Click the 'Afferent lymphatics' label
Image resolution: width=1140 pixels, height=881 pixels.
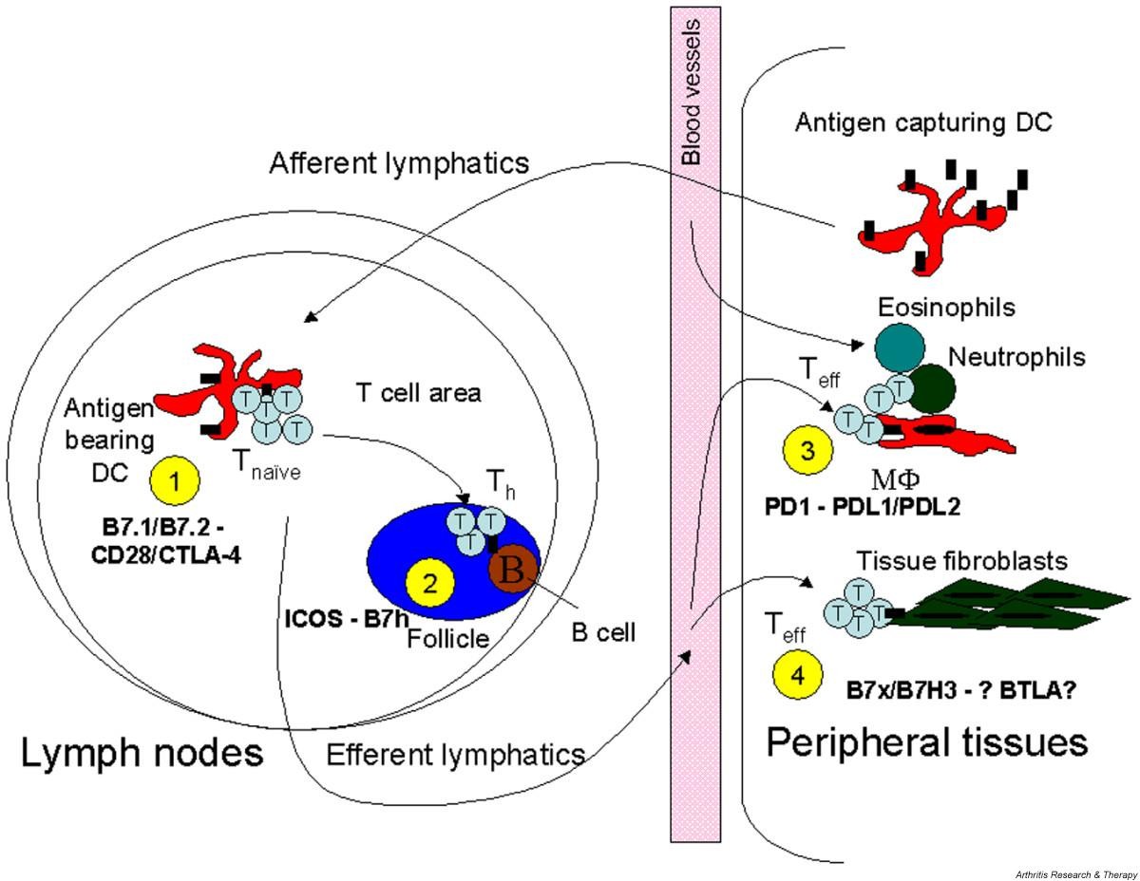[398, 162]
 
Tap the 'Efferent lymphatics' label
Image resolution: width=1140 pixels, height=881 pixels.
[455, 755]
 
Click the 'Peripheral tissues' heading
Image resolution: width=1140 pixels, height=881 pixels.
[926, 742]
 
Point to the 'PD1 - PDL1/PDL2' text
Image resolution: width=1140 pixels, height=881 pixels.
[863, 506]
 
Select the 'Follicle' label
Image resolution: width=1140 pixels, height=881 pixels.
[447, 638]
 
